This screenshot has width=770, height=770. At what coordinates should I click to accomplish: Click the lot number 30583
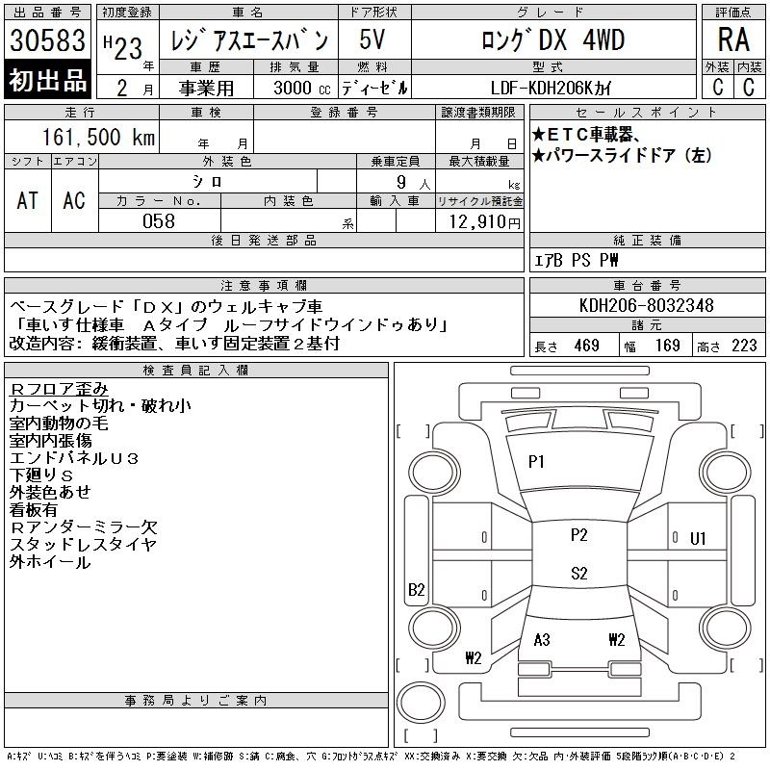(x=47, y=39)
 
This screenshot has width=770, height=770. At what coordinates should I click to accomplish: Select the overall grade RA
(x=733, y=39)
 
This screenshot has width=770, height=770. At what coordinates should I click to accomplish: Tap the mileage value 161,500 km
(x=98, y=137)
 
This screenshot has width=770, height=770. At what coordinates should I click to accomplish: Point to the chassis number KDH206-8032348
(x=646, y=305)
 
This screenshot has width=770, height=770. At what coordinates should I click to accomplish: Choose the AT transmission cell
(x=27, y=200)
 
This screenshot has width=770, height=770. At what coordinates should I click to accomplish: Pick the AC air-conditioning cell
(x=74, y=200)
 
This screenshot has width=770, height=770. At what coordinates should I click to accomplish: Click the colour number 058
(x=159, y=221)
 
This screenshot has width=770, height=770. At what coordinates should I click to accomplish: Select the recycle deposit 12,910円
(x=485, y=221)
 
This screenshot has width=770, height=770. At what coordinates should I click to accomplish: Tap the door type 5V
(x=372, y=39)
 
